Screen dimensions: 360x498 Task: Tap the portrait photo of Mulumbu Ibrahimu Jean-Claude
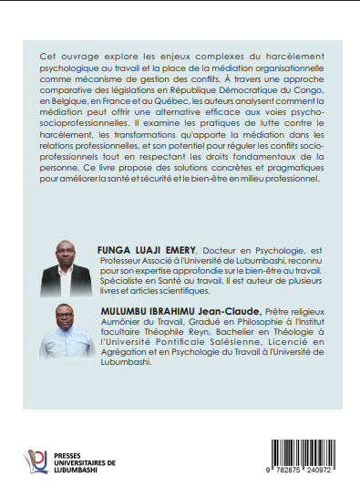[67, 334]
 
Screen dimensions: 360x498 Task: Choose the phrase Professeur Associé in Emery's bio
[129, 260]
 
